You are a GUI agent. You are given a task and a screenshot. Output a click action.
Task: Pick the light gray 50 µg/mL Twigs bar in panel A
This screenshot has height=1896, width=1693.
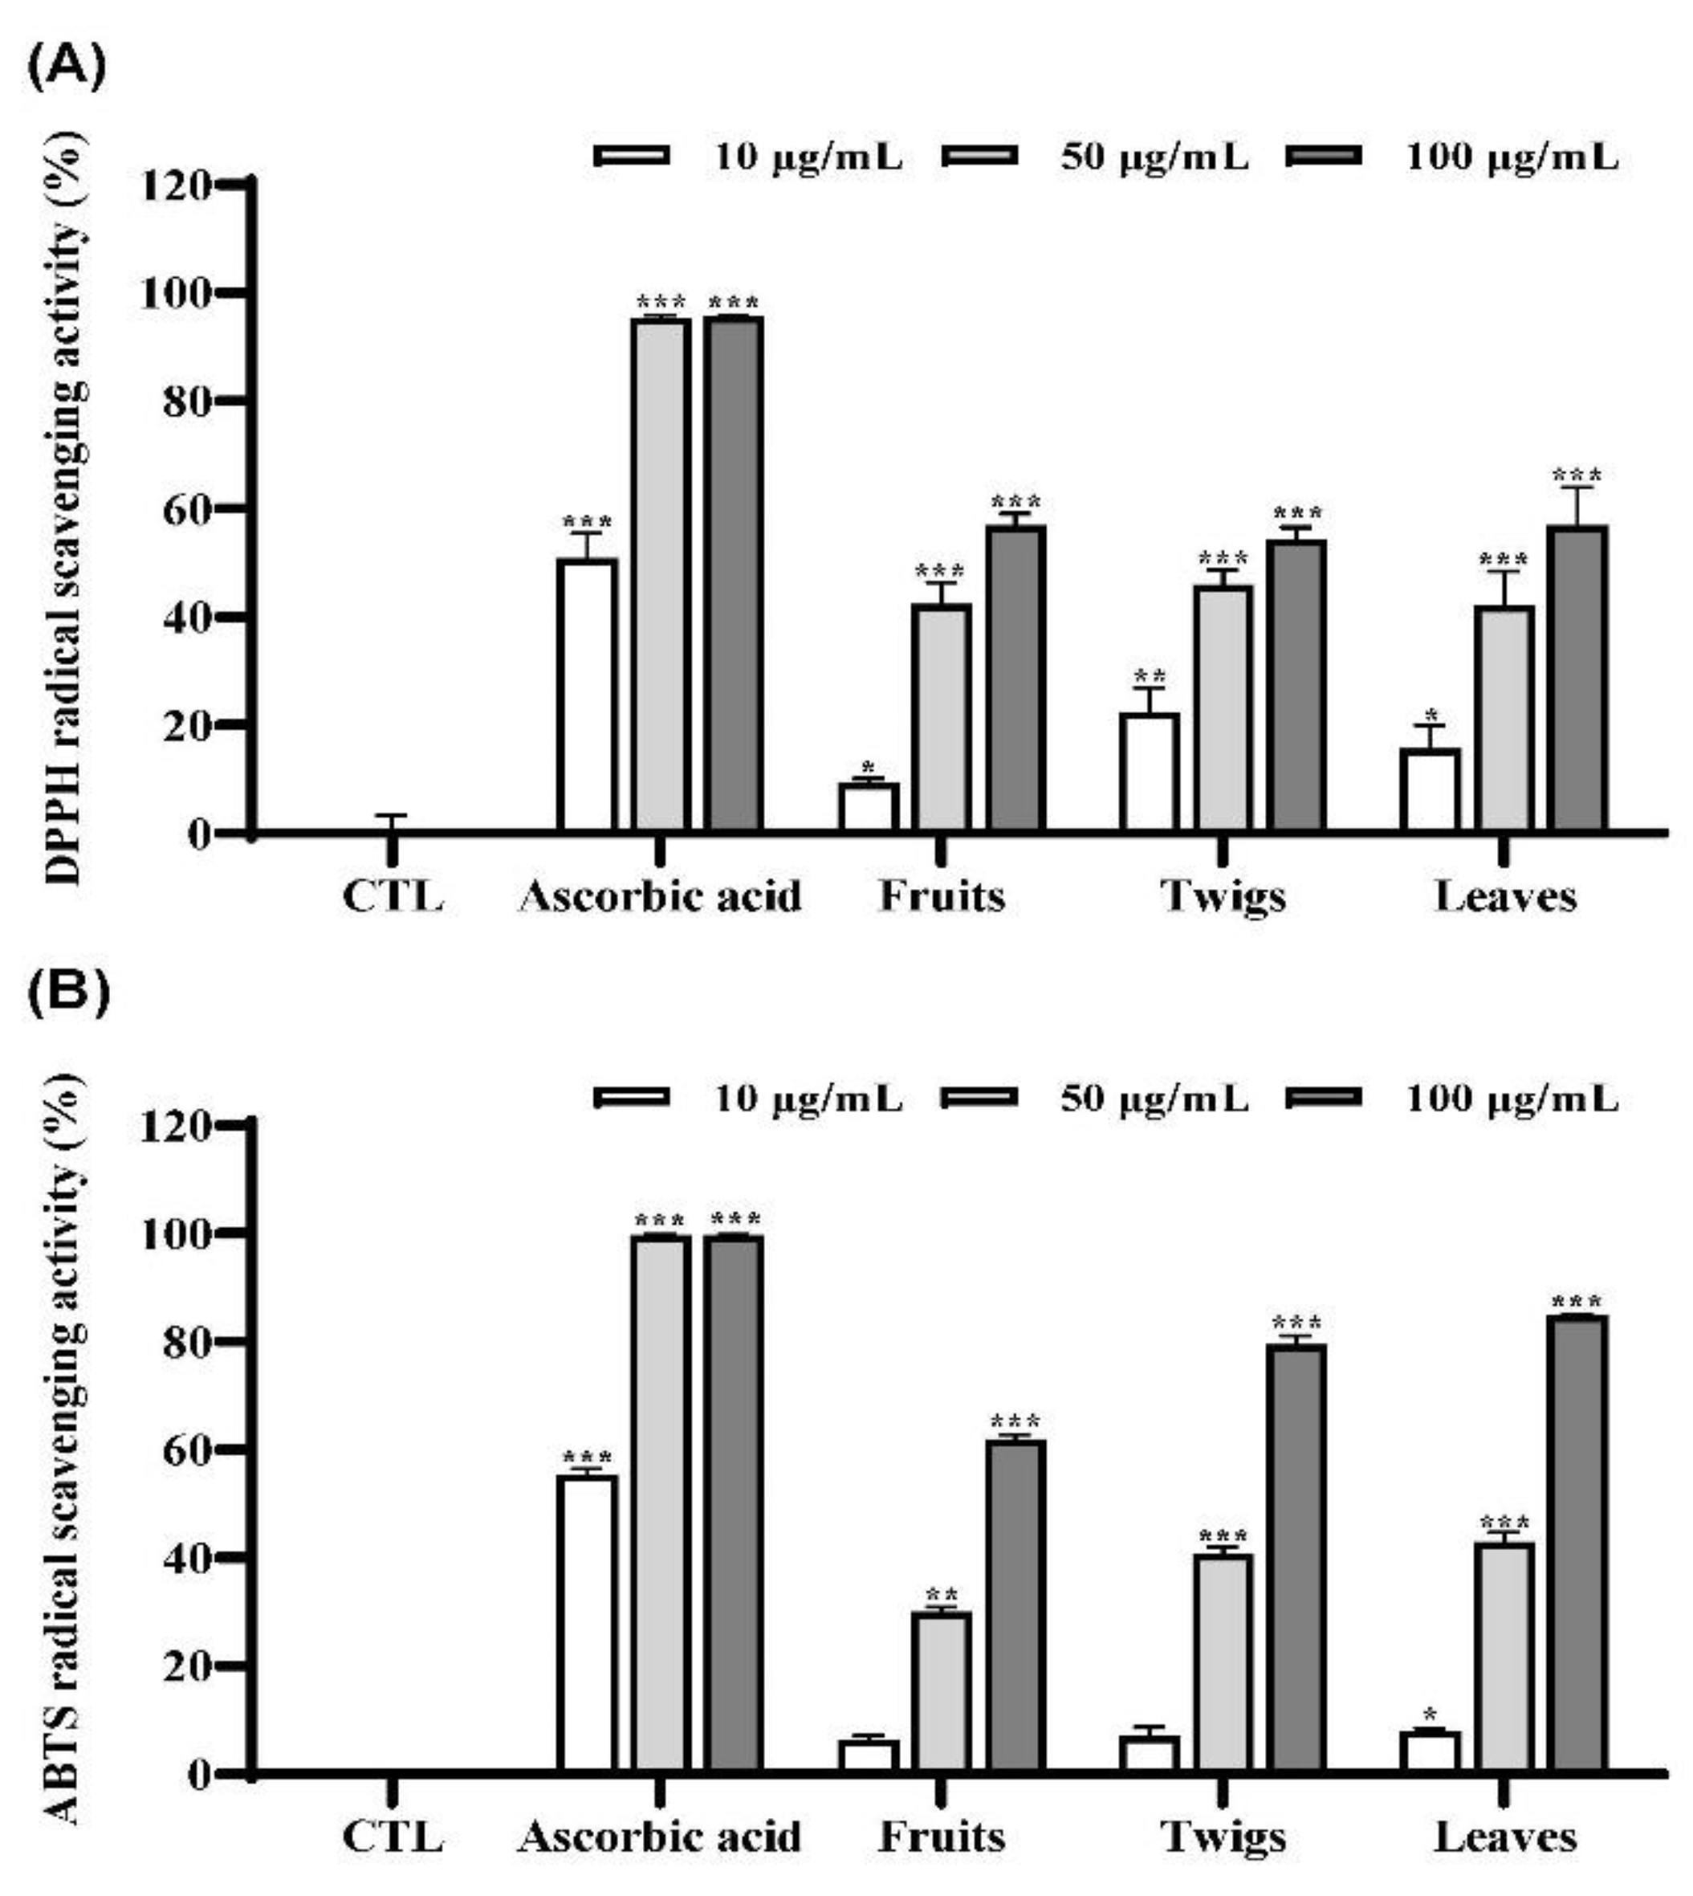[1223, 707]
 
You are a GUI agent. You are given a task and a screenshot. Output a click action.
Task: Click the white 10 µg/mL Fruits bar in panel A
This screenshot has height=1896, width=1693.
[869, 805]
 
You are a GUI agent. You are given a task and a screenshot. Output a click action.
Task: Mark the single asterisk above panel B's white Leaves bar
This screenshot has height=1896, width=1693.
[1430, 1714]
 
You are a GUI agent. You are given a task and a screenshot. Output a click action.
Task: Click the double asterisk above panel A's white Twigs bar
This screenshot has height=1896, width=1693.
[1150, 675]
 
